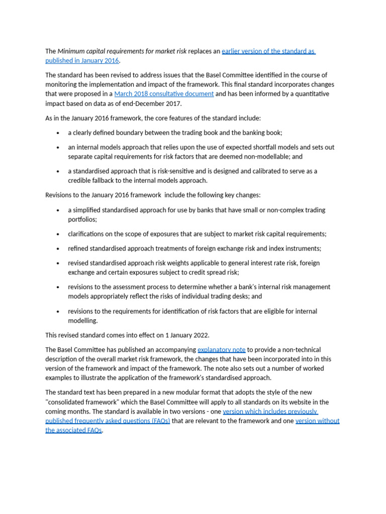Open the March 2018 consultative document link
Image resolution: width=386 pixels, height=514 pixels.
(164, 94)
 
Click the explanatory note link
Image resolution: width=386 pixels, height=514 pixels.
(221, 349)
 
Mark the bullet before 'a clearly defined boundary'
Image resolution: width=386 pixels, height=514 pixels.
(58, 133)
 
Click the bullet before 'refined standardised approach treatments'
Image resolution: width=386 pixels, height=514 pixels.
(58, 249)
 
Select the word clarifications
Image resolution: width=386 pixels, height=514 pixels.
(87, 234)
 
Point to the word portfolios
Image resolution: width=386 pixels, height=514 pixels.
(82, 219)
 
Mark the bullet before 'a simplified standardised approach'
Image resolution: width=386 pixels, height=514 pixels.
(58, 210)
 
